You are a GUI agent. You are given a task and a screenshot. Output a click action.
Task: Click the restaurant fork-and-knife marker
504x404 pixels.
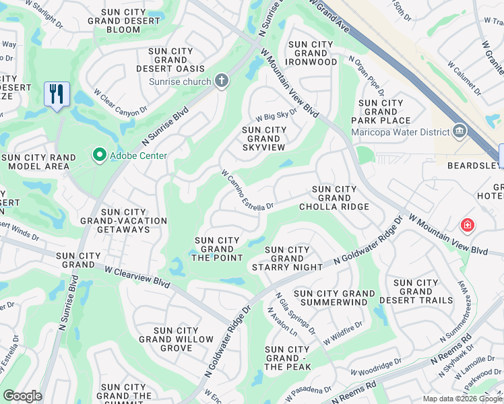pos(57,93)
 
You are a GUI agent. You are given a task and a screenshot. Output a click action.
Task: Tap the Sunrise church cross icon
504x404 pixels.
pos(221,81)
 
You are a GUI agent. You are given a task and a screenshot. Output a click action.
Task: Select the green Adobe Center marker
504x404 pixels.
pos(100,156)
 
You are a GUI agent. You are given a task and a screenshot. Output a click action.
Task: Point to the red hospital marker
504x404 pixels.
pos(466,225)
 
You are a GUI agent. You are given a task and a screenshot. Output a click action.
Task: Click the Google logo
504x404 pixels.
pos(22,396)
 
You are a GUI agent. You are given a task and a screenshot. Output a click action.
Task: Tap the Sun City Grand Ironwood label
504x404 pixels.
pos(311,53)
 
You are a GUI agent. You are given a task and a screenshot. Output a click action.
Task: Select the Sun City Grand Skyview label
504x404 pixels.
pos(263,139)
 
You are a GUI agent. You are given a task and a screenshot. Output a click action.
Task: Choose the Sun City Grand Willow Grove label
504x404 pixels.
pos(176,339)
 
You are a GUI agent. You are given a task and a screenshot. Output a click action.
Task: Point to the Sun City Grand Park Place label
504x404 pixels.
pos(381,112)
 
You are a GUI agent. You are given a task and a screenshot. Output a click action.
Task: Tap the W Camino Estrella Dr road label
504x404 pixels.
pos(247,190)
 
